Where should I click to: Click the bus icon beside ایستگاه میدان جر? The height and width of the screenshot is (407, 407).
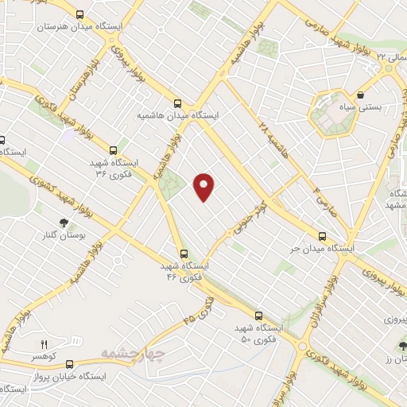tap(322, 236)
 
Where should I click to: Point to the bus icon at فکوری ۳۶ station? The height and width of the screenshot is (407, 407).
tap(113, 149)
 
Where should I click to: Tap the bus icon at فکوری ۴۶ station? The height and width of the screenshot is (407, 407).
tap(184, 254)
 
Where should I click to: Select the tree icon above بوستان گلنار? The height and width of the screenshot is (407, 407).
tap(63, 223)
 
